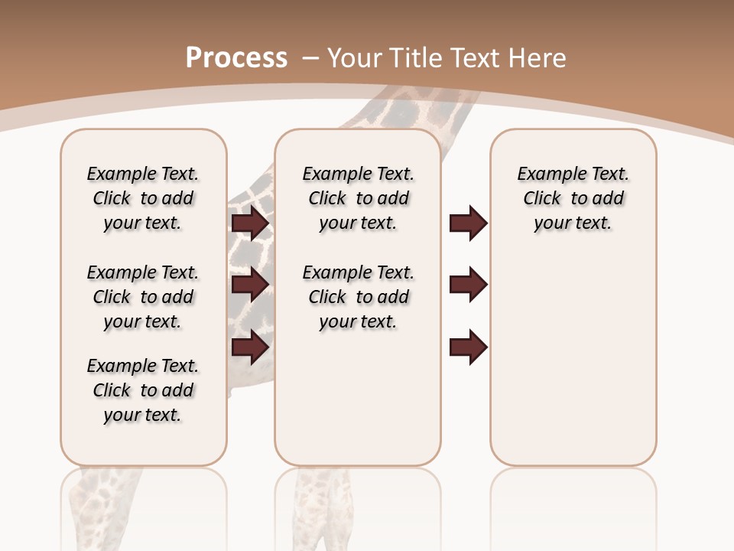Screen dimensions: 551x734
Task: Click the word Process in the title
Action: tap(236, 57)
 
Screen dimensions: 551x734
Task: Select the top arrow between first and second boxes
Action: tap(250, 223)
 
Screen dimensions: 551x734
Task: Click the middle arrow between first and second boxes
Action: tap(250, 285)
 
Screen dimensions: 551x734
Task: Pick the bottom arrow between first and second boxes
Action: tap(250, 347)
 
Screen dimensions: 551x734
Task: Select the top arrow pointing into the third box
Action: tap(468, 223)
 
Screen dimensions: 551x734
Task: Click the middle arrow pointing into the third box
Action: tap(468, 285)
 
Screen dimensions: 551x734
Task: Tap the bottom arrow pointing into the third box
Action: tap(468, 347)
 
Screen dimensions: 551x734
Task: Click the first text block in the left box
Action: tap(143, 198)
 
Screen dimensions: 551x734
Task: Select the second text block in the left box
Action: tap(143, 297)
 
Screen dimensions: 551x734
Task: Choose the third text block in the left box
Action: tap(143, 390)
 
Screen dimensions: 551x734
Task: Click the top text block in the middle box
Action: tap(358, 198)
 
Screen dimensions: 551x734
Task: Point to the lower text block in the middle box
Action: tap(358, 297)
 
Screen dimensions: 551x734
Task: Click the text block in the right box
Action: tap(573, 198)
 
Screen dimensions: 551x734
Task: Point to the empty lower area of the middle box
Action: tap(358, 398)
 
